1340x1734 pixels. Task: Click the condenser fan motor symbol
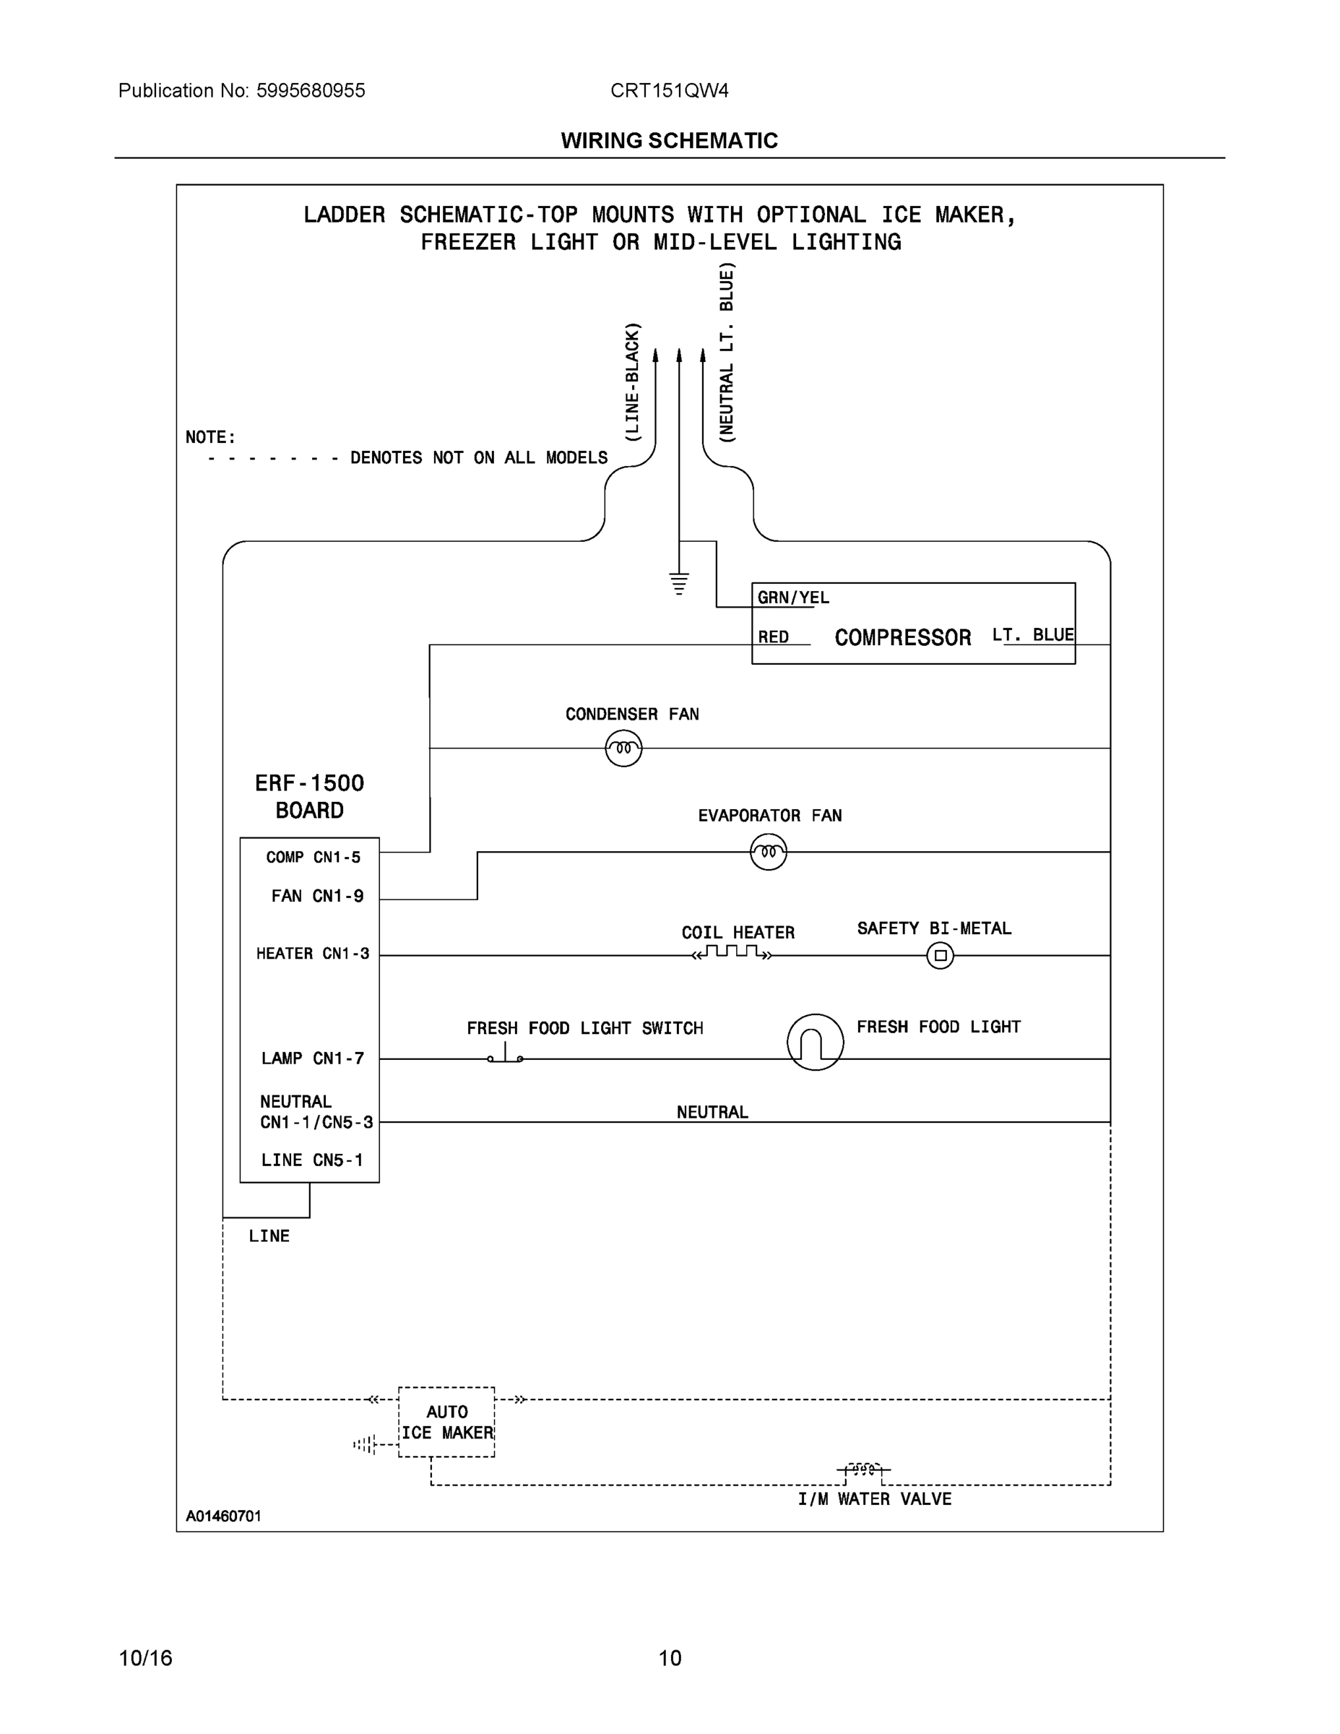tap(623, 748)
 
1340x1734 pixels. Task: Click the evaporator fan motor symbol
tap(768, 852)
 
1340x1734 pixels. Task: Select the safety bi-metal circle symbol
tap(940, 955)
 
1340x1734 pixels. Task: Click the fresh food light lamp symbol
tap(815, 1042)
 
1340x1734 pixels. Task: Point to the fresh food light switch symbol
tap(506, 1055)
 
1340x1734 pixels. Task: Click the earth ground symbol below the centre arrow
tap(679, 583)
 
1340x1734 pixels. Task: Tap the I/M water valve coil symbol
tap(863, 1470)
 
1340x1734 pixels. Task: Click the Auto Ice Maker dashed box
tap(446, 1422)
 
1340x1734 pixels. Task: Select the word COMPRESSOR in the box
tap(902, 637)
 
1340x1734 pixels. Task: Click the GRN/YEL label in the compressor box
tap(792, 598)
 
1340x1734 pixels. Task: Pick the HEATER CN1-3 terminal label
tap(312, 954)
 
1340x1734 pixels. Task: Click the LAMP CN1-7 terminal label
tap(312, 1058)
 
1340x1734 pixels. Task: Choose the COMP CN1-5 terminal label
tap(313, 858)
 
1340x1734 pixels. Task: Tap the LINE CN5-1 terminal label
tap(312, 1160)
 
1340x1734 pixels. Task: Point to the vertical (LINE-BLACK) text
tap(632, 382)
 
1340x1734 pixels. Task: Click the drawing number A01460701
tap(223, 1516)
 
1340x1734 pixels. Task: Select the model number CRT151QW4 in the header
tap(668, 90)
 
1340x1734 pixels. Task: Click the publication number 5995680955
tap(311, 90)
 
